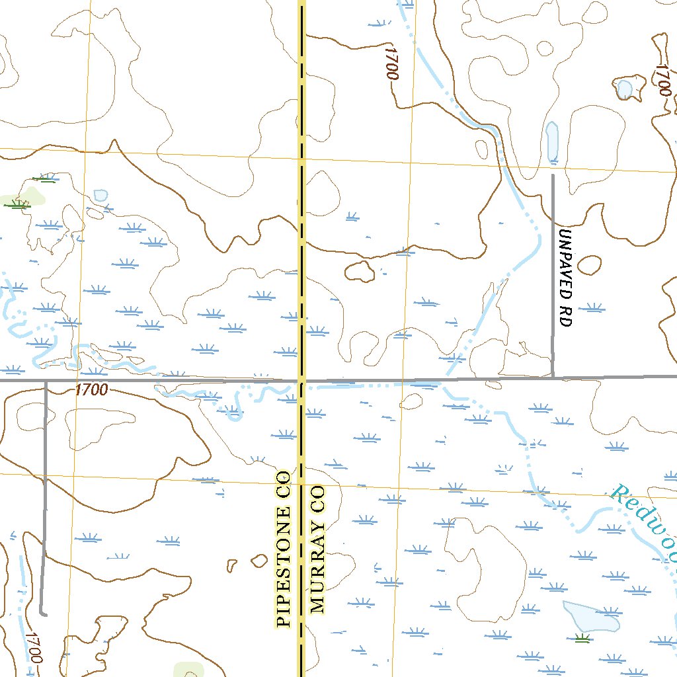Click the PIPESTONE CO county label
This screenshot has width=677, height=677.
(x=284, y=548)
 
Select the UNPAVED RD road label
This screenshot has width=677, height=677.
(x=564, y=278)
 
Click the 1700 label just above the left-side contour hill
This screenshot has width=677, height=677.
(x=91, y=390)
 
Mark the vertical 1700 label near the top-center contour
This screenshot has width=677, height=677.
(x=392, y=63)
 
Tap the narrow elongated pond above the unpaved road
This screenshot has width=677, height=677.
(x=552, y=141)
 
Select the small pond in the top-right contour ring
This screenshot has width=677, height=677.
(x=623, y=87)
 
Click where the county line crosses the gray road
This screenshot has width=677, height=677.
(x=301, y=381)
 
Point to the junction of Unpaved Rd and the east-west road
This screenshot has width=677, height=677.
(x=553, y=378)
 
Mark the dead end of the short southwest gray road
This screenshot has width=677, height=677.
(x=43, y=614)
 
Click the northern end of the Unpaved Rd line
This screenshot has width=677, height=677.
(x=553, y=175)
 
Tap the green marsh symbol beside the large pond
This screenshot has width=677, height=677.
(x=582, y=638)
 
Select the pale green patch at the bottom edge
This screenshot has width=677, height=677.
(x=188, y=669)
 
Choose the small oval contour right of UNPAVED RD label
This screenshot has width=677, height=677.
(x=588, y=264)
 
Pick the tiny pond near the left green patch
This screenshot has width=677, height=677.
(x=100, y=195)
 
